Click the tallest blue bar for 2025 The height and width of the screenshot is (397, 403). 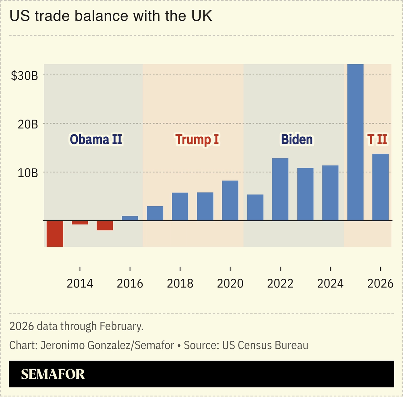tap(355, 142)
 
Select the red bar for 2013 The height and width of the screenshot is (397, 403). tap(55, 233)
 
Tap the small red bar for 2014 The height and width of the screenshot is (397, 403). tap(80, 222)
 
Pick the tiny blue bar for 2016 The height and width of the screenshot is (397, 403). tap(130, 218)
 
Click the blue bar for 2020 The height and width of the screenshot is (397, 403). tap(230, 200)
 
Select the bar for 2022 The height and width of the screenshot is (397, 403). tap(280, 189)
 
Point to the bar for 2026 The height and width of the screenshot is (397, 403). tap(380, 187)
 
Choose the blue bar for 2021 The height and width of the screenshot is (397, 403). tap(255, 207)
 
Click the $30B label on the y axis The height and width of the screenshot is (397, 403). tap(24, 76)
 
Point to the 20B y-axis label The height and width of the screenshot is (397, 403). tap(28, 124)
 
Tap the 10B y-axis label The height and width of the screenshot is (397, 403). tap(28, 173)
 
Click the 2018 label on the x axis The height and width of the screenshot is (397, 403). tap(180, 283)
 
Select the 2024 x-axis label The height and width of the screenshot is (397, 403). tap(330, 283)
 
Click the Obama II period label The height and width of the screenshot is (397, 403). tap(96, 139)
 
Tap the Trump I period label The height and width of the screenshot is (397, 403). tap(197, 139)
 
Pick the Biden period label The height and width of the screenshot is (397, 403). tap(297, 139)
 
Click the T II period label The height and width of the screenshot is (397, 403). tap(377, 139)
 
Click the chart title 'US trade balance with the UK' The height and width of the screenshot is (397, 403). tap(111, 16)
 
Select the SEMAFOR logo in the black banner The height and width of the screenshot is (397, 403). tap(53, 374)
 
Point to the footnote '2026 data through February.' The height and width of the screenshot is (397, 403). tap(76, 326)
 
